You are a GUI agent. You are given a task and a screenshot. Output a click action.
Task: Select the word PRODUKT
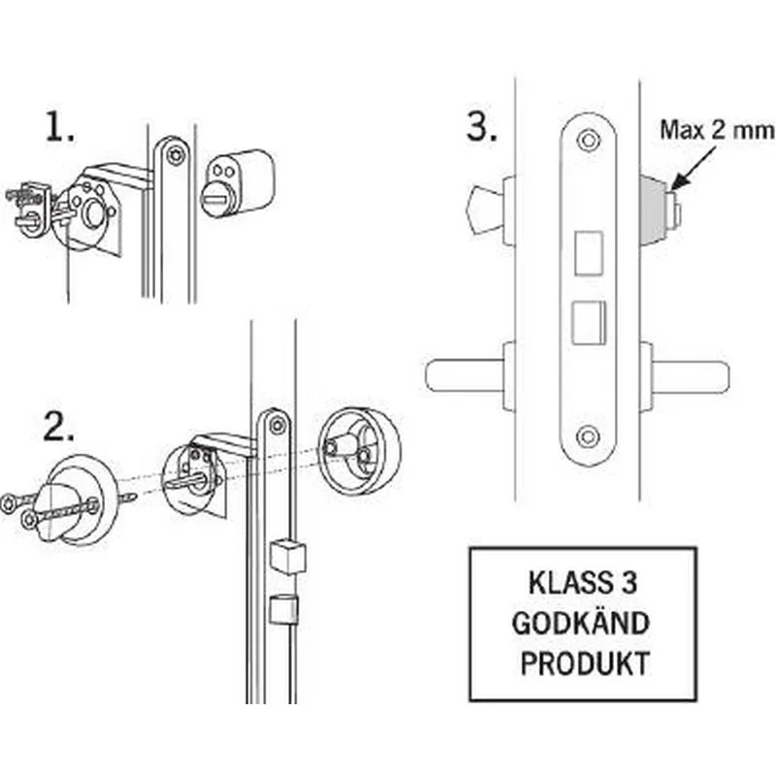pyautogui.click(x=582, y=664)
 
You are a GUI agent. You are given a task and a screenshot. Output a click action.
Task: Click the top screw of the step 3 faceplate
pyautogui.click(x=586, y=140)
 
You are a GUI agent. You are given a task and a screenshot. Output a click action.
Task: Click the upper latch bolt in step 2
pyautogui.click(x=288, y=556)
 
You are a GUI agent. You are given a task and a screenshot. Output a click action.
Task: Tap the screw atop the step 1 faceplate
pyautogui.click(x=175, y=153)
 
